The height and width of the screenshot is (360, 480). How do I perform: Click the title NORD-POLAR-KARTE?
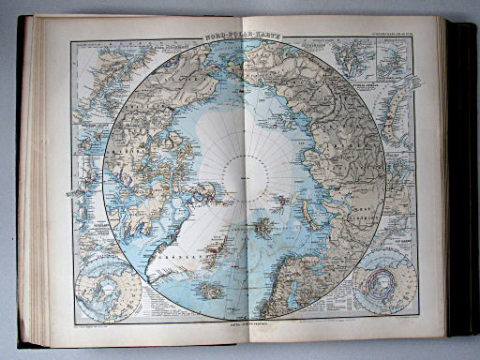(x=239, y=36)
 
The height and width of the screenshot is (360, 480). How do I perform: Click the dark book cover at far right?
(x=462, y=178)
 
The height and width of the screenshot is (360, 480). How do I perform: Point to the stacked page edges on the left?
(x=31, y=187)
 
